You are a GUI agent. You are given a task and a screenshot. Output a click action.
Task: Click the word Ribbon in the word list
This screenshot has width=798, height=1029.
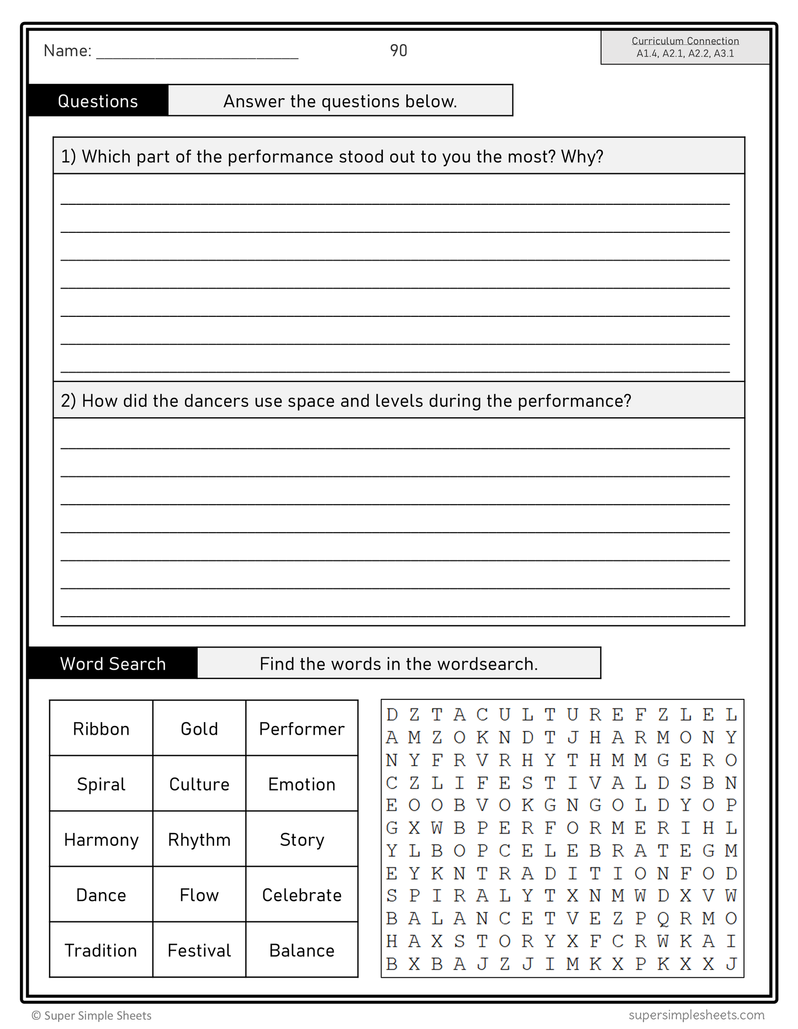pyautogui.click(x=101, y=729)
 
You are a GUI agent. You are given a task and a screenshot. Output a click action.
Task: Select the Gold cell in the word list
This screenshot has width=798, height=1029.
pyautogui.click(x=199, y=729)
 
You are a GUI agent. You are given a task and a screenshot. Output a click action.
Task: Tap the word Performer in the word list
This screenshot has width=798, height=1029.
pyautogui.click(x=302, y=729)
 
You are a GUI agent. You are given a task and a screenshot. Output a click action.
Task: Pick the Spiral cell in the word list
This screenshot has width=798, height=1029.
pyautogui.click(x=101, y=784)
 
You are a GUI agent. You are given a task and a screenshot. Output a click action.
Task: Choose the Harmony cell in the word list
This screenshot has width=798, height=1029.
pyautogui.click(x=101, y=840)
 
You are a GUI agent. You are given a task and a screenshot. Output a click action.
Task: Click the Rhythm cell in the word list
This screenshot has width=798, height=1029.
pyautogui.click(x=199, y=840)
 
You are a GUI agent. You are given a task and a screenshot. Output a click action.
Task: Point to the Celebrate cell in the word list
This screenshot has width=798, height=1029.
pyautogui.click(x=302, y=895)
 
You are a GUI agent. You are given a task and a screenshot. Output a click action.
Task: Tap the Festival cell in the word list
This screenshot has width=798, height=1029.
pyautogui.click(x=199, y=950)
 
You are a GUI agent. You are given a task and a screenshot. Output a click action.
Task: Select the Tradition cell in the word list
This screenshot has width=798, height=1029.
pyautogui.click(x=101, y=950)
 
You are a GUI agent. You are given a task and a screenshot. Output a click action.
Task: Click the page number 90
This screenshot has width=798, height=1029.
pyautogui.click(x=398, y=51)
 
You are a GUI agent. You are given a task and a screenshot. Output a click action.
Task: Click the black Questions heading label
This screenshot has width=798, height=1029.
pyautogui.click(x=98, y=101)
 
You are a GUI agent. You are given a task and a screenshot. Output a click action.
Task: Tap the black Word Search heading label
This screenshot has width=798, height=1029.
pyautogui.click(x=113, y=664)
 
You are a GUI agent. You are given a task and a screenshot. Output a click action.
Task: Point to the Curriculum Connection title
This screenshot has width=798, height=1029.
pyautogui.click(x=685, y=41)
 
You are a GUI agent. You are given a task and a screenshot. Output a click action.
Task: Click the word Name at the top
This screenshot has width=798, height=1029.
pyautogui.click(x=67, y=51)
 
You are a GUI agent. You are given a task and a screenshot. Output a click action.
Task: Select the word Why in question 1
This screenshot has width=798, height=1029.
pyautogui.click(x=582, y=157)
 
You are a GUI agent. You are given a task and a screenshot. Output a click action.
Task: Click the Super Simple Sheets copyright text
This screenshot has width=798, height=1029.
pyautogui.click(x=92, y=1016)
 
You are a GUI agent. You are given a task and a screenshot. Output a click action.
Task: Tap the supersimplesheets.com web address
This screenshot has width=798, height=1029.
pyautogui.click(x=696, y=1015)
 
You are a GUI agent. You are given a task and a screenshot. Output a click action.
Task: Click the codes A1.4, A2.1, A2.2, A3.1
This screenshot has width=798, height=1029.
pyautogui.click(x=685, y=54)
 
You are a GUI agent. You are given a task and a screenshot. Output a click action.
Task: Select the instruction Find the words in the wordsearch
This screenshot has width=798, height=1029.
pyautogui.click(x=398, y=664)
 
